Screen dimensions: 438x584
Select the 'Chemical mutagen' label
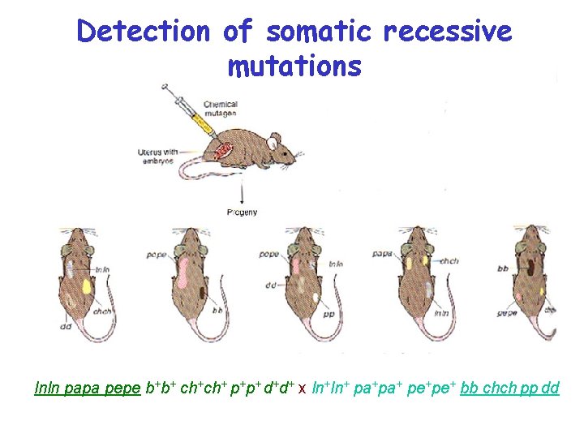[220, 109]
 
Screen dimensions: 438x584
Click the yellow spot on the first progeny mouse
[87, 286]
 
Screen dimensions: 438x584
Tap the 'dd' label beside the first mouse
[65, 327]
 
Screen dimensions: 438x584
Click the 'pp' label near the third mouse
[328, 313]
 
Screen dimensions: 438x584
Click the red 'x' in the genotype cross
[302, 389]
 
